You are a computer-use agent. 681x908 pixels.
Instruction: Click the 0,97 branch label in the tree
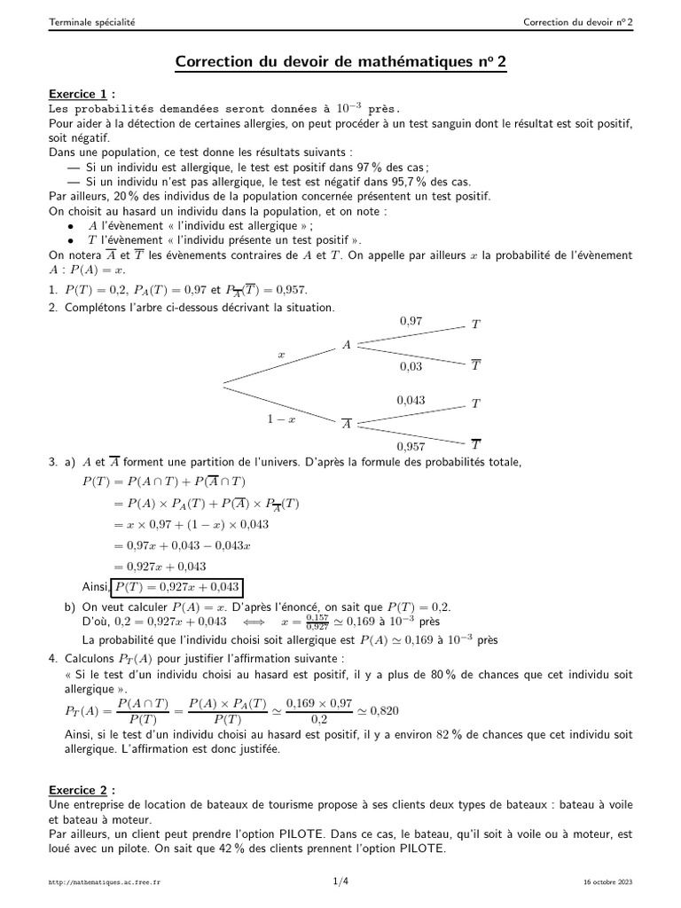pos(411,321)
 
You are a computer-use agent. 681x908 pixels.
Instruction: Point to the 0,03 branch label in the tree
pos(411,365)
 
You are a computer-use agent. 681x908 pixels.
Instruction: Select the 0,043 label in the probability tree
pos(411,400)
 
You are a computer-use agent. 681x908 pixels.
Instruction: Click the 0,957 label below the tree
pos(411,446)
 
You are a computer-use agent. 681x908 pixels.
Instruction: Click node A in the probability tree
pos(348,345)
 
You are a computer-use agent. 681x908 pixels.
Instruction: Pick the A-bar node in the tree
pos(348,424)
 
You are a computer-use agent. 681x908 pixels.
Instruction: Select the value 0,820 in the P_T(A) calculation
pos(383,710)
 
